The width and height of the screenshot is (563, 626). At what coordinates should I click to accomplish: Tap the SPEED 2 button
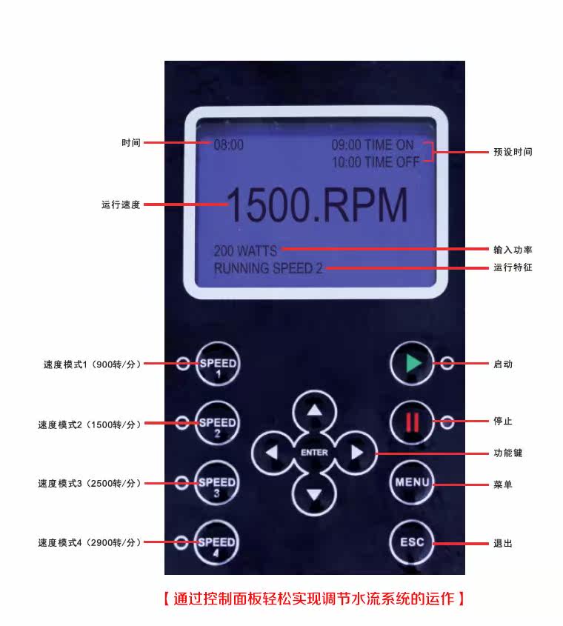pyautogui.click(x=217, y=424)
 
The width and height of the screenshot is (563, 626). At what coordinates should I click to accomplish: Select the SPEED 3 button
pyautogui.click(x=217, y=484)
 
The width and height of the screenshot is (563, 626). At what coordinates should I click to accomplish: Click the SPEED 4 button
pyautogui.click(x=217, y=544)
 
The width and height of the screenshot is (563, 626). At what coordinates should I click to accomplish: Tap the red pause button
pyautogui.click(x=412, y=422)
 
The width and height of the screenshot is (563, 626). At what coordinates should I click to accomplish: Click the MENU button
pyautogui.click(x=412, y=482)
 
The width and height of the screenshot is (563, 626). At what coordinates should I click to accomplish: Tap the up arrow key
pyautogui.click(x=316, y=411)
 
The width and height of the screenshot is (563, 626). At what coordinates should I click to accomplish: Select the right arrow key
pyautogui.click(x=357, y=452)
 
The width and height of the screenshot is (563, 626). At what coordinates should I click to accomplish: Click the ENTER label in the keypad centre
pyautogui.click(x=315, y=452)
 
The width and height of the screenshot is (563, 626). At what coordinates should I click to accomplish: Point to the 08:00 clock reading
pyautogui.click(x=229, y=145)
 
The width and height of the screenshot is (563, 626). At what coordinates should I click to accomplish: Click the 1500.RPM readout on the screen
pyautogui.click(x=316, y=206)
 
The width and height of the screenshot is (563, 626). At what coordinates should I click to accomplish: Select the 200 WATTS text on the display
pyautogui.click(x=245, y=251)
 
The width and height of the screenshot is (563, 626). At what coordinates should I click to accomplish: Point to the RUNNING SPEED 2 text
pyautogui.click(x=268, y=268)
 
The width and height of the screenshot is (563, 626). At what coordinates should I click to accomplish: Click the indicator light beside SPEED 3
pyautogui.click(x=181, y=483)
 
